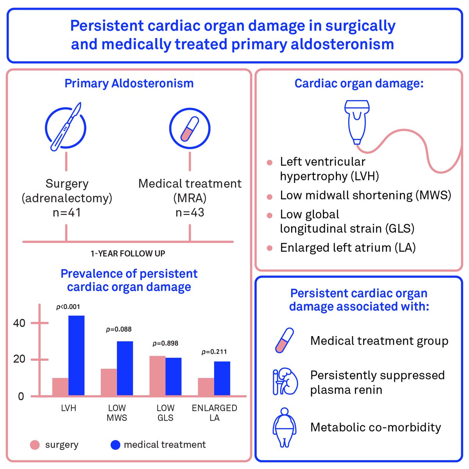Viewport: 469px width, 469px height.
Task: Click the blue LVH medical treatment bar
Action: point(76,356)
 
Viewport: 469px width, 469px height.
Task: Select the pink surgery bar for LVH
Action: point(60,387)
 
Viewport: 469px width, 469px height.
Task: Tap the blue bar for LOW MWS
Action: point(125,369)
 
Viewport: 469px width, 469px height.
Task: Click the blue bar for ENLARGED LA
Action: point(222,379)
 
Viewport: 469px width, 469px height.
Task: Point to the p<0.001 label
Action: point(68,307)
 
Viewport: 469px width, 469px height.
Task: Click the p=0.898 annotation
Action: point(165,344)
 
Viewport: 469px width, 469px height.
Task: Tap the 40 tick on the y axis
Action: point(19,323)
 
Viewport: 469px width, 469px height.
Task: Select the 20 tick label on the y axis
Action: point(19,359)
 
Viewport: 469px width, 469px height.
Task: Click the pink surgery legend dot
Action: point(35,445)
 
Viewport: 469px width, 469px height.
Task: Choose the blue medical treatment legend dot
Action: point(115,445)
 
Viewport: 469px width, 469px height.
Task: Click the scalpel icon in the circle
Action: point(66,127)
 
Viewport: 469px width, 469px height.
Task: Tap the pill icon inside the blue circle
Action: point(190,129)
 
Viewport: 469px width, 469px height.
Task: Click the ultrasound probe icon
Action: point(357,121)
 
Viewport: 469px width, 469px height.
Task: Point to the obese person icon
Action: point(285,428)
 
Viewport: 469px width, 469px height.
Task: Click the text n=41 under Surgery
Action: point(66,213)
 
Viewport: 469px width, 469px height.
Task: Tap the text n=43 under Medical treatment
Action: point(190,213)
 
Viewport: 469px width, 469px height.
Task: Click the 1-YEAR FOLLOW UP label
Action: point(128,254)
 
